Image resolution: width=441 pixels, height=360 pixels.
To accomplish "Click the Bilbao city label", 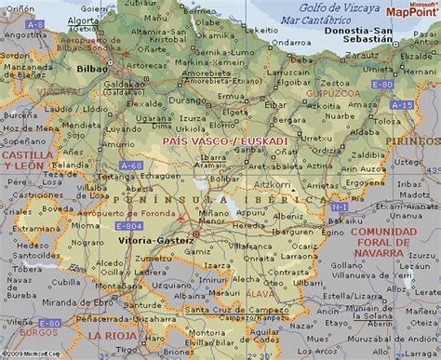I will pos(92,68).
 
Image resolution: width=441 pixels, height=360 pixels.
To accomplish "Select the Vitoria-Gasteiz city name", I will pos(157,241).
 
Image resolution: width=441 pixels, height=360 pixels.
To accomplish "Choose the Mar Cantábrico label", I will pos(316,19).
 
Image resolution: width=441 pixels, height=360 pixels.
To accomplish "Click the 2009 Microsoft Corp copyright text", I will pos(31,354).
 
